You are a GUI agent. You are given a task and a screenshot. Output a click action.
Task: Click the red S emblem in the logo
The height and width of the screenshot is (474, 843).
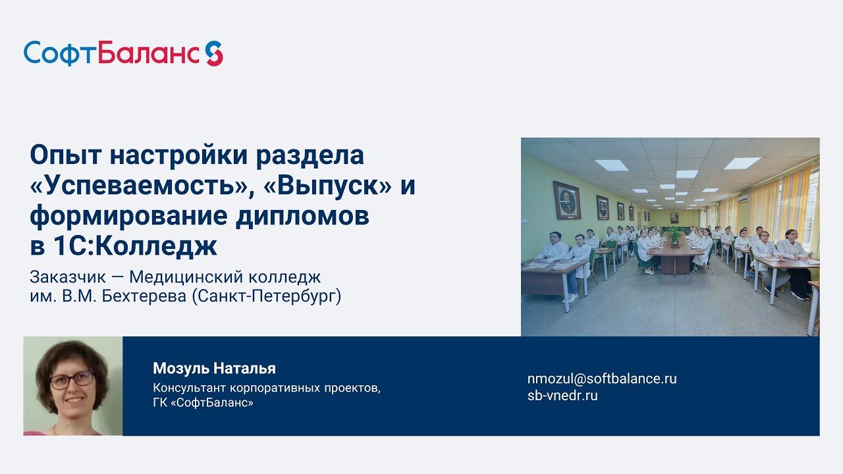(213, 53)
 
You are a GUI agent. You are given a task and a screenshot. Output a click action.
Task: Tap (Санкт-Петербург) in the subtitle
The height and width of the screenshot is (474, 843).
(266, 296)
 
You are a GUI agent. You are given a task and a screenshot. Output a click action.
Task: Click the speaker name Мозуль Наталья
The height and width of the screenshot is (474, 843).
(214, 368)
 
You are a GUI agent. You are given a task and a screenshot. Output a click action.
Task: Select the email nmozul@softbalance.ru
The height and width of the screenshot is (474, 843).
(601, 379)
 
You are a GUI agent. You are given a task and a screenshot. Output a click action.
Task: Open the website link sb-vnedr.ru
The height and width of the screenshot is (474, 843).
(562, 396)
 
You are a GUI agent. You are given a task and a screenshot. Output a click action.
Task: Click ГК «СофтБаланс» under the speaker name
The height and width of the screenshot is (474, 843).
(203, 402)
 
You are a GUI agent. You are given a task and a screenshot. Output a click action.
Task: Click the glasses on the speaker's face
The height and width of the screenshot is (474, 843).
(74, 379)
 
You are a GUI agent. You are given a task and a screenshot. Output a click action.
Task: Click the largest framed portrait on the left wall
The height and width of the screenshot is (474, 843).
(566, 200)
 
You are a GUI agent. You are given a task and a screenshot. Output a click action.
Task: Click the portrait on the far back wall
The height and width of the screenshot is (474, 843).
(674, 217)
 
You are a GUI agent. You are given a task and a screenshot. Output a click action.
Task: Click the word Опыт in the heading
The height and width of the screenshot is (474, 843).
(65, 156)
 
